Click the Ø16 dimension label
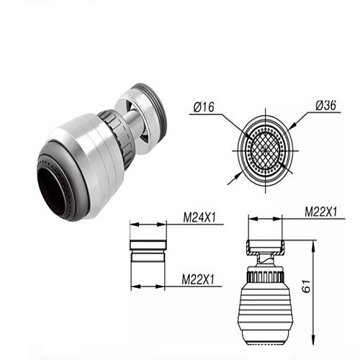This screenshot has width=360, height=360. pos(204,107)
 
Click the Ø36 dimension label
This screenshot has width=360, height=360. pos(326,105)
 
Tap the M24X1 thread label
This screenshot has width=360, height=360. pos(199,217)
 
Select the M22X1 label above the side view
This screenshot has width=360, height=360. pos(321,212)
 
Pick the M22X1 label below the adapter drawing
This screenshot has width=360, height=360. pos(198,279)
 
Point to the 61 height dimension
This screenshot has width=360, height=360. pos(306,286)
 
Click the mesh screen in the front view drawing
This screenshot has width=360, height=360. pos(265,151)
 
